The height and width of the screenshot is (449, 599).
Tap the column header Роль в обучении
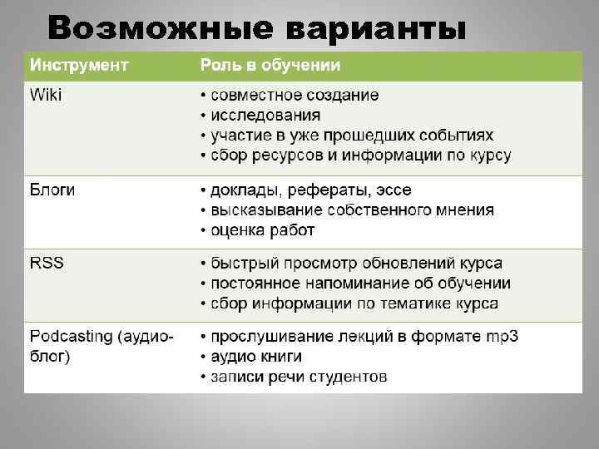pyautogui.click(x=270, y=65)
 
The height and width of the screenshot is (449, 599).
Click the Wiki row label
pyautogui.click(x=46, y=95)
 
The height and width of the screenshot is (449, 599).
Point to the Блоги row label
pyautogui.click(x=52, y=190)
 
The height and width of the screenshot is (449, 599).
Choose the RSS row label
pyautogui.click(x=47, y=264)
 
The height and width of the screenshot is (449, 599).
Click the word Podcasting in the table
pyautogui.click(x=72, y=337)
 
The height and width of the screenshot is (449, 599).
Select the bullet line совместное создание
pyautogui.click(x=294, y=96)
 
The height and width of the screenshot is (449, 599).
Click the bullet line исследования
pyautogui.click(x=265, y=116)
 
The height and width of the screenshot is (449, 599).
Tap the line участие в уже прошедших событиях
pyautogui.click(x=351, y=136)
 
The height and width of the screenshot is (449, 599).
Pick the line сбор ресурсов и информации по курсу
pyautogui.click(x=360, y=155)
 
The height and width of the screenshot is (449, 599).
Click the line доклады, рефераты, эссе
pyautogui.click(x=310, y=190)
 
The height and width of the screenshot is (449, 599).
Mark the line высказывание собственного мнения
pyautogui.click(x=351, y=210)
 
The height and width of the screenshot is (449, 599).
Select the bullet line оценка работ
pyautogui.click(x=262, y=230)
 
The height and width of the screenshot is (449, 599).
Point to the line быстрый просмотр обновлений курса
pyautogui.click(x=355, y=264)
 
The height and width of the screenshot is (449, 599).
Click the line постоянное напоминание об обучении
pyautogui.click(x=360, y=284)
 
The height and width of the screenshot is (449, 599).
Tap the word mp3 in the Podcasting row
pyautogui.click(x=501, y=337)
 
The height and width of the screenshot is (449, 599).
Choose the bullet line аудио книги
pyautogui.click(x=255, y=357)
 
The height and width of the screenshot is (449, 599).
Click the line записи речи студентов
pyautogui.click(x=298, y=377)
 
